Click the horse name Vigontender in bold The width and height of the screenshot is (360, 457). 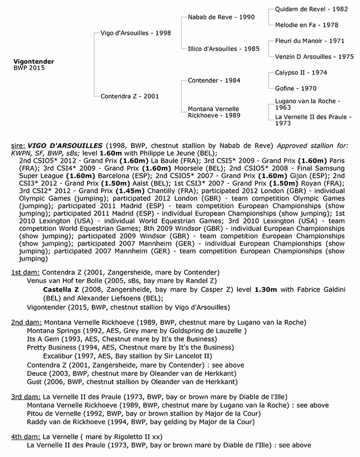click(33, 61)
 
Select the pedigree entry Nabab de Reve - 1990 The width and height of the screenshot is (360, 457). click(221, 17)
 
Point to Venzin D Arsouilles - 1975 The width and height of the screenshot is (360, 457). click(314, 56)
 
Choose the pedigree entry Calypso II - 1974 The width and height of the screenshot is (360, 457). click(301, 72)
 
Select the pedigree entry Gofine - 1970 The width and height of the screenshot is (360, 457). click(293, 88)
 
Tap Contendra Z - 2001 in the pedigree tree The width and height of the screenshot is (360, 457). click(129, 96)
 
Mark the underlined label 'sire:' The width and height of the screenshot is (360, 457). click(18, 146)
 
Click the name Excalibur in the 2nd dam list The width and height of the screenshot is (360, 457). click(61, 356)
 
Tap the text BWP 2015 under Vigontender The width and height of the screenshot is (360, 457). click(29, 68)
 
